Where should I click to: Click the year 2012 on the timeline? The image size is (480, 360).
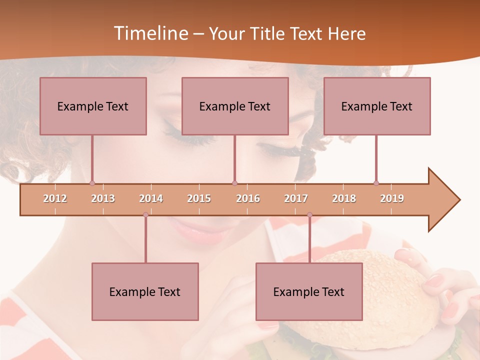tap(55, 198)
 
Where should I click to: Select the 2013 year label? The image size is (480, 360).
tap(103, 198)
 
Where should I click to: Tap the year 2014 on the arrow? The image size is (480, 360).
tap(151, 198)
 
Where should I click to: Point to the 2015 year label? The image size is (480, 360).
tap(199, 198)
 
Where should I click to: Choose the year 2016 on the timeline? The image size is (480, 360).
tap(248, 198)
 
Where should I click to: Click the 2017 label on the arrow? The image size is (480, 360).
tap(296, 198)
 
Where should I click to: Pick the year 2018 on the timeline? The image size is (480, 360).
tap(344, 198)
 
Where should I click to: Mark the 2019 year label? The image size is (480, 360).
tap(392, 198)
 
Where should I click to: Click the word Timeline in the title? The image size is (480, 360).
tap(150, 33)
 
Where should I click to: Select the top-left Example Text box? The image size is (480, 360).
tap(93, 106)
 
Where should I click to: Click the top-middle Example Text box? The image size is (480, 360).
tap(235, 106)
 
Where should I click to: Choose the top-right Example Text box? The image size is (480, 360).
tap(377, 106)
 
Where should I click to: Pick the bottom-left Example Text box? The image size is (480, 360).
tap(145, 291)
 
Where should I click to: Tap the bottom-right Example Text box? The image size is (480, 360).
tap(309, 291)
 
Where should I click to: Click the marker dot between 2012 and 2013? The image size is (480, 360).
tap(92, 183)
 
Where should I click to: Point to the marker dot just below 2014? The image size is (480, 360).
tap(145, 215)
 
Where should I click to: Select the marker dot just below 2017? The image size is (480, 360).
tap(309, 215)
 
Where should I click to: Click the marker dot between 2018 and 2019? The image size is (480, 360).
tap(376, 183)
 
